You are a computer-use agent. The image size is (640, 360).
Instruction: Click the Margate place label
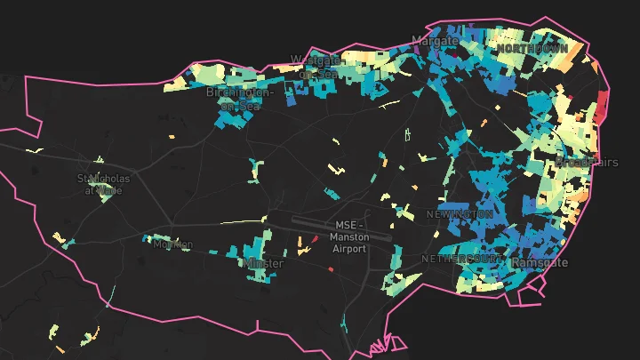click(x=435, y=41)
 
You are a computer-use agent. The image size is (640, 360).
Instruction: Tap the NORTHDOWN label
click(x=532, y=48)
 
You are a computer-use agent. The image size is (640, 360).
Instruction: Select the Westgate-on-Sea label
click(x=316, y=67)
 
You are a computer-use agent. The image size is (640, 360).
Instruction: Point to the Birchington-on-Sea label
click(x=240, y=99)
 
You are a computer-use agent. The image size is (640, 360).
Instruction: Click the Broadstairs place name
click(x=587, y=162)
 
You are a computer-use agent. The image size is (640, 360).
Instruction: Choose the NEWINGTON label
click(x=459, y=214)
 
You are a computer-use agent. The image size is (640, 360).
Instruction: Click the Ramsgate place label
click(x=540, y=263)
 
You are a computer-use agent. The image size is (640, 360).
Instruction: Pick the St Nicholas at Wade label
click(x=103, y=184)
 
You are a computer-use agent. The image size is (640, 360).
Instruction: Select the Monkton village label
click(x=172, y=244)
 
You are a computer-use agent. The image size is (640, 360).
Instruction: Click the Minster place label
click(x=263, y=264)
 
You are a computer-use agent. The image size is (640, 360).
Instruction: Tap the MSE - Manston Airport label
click(x=348, y=237)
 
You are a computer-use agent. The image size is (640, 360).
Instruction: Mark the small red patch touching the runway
click(x=314, y=239)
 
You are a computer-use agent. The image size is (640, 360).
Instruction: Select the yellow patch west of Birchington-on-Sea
click(x=175, y=86)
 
